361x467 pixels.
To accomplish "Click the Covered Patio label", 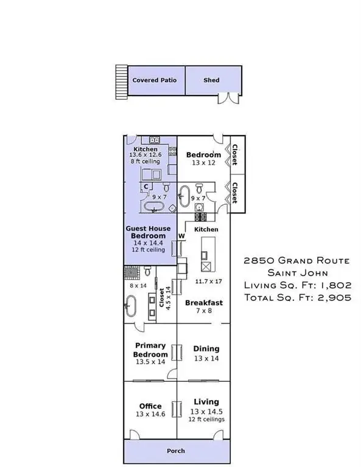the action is coord(155,80).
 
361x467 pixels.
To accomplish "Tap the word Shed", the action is coord(211,80).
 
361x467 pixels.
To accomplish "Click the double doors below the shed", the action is coord(229,99).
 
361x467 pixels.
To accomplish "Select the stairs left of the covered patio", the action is coord(122,82).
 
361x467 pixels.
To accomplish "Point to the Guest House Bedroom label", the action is coord(148,232).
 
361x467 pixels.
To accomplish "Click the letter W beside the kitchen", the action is coord(181,236).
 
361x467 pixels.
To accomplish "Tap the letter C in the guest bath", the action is coord(146,187).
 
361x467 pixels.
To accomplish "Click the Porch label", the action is coord(176,451).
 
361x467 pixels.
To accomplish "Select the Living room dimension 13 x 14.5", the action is coord(206,411).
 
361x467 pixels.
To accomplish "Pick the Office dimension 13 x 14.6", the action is coord(150,414).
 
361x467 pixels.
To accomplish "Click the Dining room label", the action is coord(206,348).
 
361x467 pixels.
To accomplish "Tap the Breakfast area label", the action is coord(204,303).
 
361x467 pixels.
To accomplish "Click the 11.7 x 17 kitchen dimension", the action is coord(209,281).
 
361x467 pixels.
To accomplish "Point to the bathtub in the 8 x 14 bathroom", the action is coord(130,306).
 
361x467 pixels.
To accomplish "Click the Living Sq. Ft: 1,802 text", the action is coord(298,285).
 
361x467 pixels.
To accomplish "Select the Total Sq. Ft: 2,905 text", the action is coord(298,297).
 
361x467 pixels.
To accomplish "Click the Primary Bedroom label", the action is coord(150,350).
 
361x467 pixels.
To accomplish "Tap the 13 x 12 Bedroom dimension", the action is coord(203,162).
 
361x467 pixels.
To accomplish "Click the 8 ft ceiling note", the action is coord(145,161).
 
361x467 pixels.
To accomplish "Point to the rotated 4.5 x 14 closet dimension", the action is coord(168,298).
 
